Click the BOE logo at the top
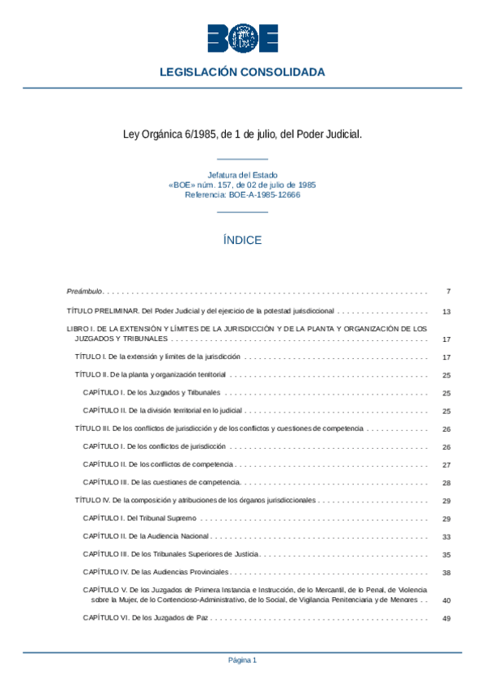[x=242, y=38]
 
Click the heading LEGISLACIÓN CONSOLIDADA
[x=242, y=72]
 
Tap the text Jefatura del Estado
[x=242, y=175]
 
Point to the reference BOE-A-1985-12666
[x=242, y=195]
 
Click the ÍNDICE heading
[x=242, y=241]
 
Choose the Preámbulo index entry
[x=84, y=291]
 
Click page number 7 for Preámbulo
[x=448, y=291]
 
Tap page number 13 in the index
[x=446, y=311]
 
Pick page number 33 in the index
[x=446, y=536]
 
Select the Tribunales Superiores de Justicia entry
[x=171, y=554]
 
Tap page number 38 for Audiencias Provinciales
[x=446, y=573]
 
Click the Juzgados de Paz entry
[x=141, y=618]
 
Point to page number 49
[x=446, y=618]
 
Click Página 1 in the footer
[x=242, y=660]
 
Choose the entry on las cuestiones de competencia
[x=162, y=483]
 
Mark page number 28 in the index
[x=446, y=483]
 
